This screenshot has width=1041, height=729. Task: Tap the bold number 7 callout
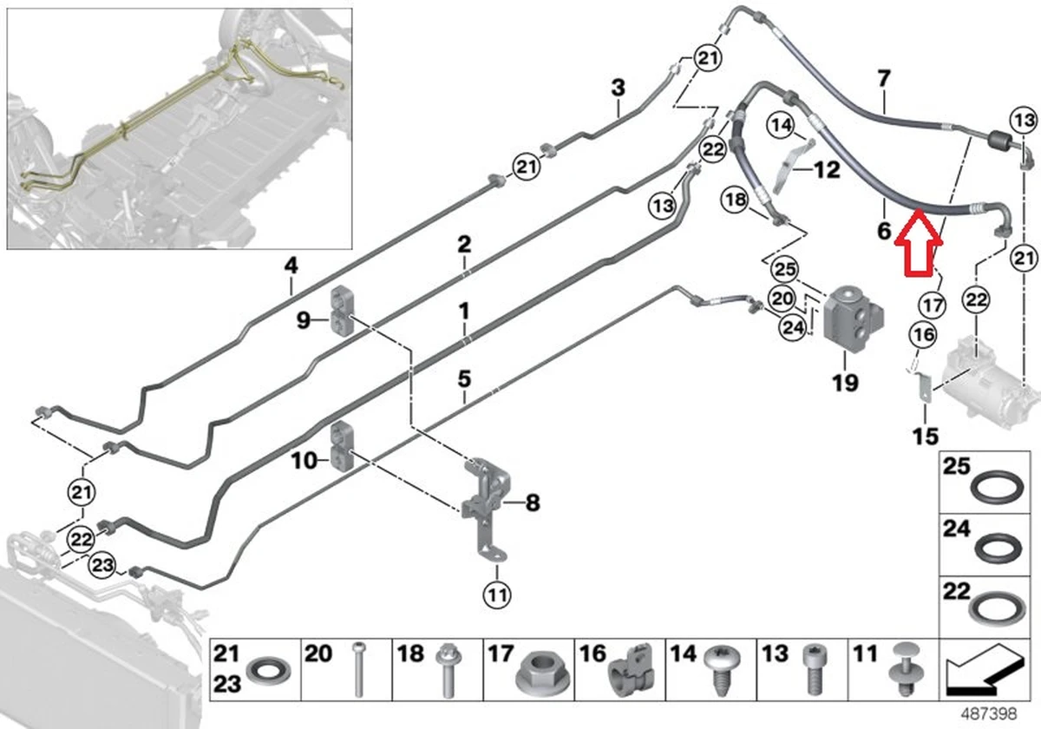click(x=883, y=79)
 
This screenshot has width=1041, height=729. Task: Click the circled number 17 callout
click(x=933, y=305)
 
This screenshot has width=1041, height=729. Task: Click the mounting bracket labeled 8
click(x=486, y=503)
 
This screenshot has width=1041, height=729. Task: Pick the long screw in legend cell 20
click(x=359, y=671)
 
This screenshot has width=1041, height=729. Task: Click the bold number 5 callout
click(x=464, y=378)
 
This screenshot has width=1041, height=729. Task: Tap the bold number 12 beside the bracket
click(x=826, y=169)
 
